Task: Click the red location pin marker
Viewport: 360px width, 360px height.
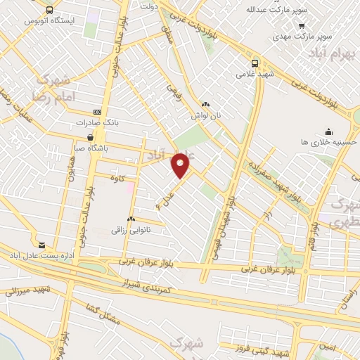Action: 181,165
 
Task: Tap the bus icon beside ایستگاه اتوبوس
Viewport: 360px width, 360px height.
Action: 49,10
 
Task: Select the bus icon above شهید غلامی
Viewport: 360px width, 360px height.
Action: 255,62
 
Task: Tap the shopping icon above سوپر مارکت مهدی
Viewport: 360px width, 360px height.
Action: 281,22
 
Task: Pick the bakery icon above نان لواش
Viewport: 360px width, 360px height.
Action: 205,104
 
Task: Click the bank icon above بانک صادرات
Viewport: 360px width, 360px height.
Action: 96,112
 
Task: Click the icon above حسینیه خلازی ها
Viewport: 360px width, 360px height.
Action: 328,131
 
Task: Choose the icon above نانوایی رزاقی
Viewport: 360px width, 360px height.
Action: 131,219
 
